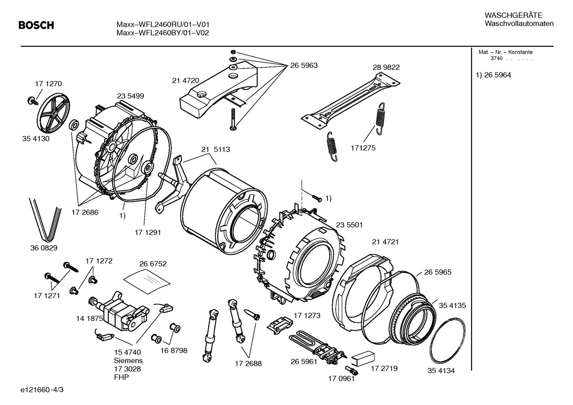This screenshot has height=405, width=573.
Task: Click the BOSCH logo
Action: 36,26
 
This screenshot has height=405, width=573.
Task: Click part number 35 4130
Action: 36,139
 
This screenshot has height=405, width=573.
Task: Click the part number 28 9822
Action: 386,68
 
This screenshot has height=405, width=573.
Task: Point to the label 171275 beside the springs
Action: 362,148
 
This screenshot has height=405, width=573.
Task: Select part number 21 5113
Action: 215,149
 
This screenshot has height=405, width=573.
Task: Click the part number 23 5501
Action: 349,225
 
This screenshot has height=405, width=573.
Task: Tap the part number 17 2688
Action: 248,363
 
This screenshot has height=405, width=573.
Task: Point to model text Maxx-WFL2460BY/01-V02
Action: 163,33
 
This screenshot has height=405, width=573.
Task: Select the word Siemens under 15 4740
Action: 128,360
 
